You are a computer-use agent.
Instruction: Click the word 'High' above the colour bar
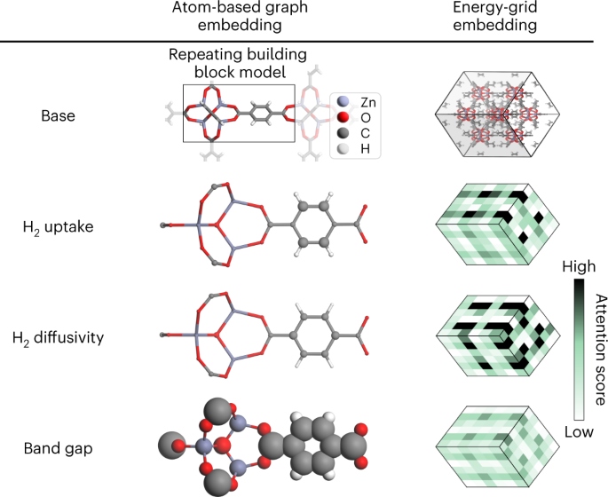(578, 265)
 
